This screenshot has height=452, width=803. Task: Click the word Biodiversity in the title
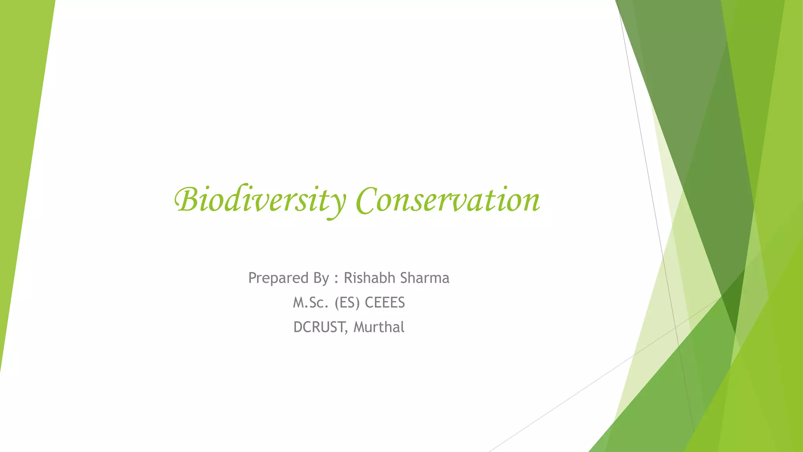point(260,201)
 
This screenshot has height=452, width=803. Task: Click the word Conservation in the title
point(448,201)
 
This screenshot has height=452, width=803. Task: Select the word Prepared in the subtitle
point(278,278)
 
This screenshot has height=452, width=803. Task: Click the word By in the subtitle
point(321,278)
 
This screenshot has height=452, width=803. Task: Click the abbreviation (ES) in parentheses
point(347,303)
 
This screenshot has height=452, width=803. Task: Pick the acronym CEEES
point(385,303)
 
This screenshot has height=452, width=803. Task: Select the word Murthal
point(379,327)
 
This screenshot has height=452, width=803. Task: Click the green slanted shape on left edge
point(24,157)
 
